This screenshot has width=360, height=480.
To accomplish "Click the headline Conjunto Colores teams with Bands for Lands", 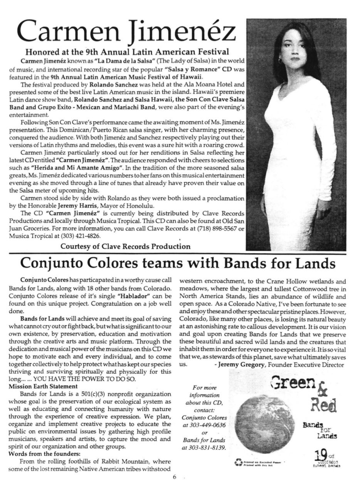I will [178, 263].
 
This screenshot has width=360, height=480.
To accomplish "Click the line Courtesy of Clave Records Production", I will [125, 246].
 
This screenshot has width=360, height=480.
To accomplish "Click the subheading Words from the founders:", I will [44, 454].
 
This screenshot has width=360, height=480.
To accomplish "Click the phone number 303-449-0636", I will [204, 425].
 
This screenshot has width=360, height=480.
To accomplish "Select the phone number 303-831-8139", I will [204, 448].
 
